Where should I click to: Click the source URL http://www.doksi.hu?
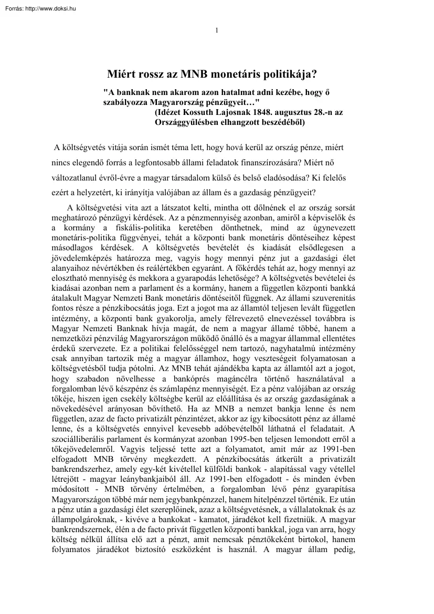(x=50, y=8)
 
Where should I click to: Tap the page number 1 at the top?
(x=217, y=30)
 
